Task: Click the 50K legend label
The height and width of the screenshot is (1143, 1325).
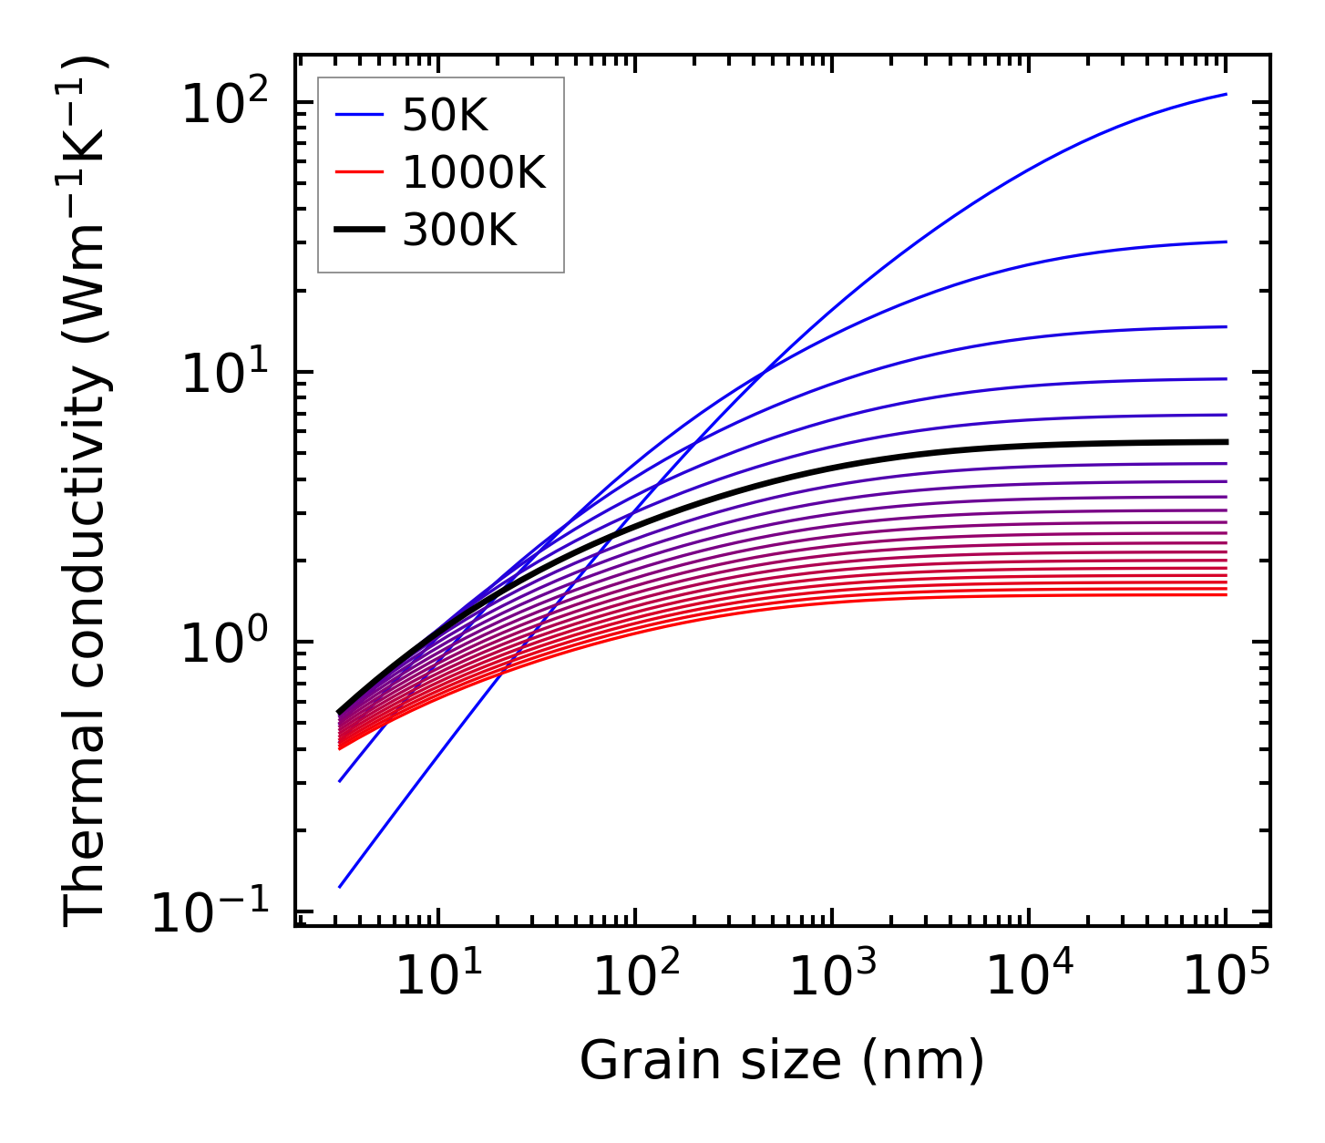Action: pos(445,116)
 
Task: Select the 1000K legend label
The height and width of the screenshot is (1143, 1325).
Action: pos(474,173)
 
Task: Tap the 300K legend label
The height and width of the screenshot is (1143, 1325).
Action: pos(459,232)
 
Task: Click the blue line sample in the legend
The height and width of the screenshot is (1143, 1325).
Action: pos(363,116)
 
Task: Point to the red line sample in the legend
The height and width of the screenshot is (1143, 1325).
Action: pos(363,173)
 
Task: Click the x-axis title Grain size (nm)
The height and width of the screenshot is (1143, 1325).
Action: pos(782,1060)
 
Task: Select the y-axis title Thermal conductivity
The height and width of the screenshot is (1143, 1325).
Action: pos(87,490)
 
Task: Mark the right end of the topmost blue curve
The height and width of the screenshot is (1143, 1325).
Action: pos(1226,94)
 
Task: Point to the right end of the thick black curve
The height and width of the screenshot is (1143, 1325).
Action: pos(1226,442)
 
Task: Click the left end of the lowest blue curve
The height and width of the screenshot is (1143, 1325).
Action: pos(339,886)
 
